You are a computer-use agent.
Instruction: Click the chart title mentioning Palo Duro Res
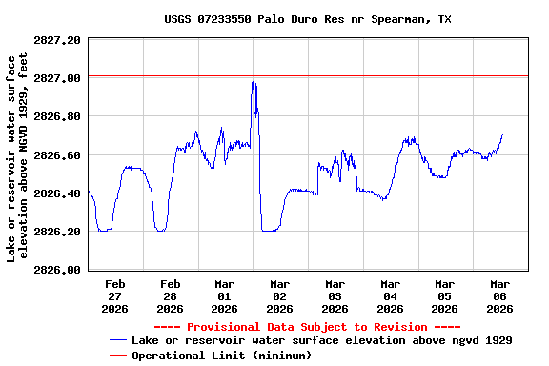(307, 19)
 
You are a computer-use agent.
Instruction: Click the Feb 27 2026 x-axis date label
(115, 295)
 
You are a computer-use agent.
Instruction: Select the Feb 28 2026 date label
(170, 295)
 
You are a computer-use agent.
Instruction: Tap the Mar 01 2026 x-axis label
(225, 295)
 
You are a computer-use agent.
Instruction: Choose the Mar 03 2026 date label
(335, 295)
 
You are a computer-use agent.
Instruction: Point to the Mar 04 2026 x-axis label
(390, 295)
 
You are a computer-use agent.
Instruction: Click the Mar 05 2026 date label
(444, 295)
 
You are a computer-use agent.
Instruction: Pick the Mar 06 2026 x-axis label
(499, 295)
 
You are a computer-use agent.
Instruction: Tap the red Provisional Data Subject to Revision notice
(307, 327)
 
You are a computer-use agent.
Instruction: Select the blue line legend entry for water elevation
(321, 340)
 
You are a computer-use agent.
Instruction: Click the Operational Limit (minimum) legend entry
(221, 355)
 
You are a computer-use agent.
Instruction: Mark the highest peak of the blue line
(253, 83)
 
